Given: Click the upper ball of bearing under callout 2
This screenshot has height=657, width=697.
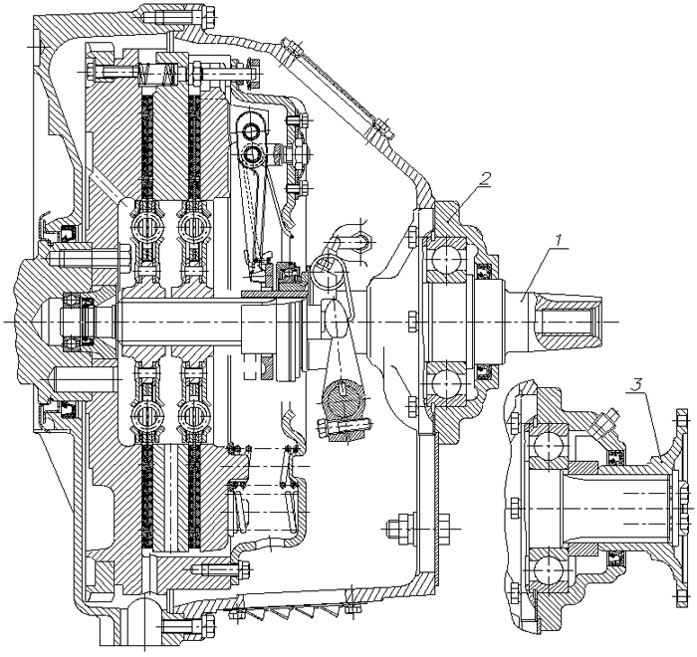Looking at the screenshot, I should coord(442,261).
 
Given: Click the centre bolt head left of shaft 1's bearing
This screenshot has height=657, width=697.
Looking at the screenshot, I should coord(409,321).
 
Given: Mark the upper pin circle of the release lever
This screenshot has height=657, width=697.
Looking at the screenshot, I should coord(252,129).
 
